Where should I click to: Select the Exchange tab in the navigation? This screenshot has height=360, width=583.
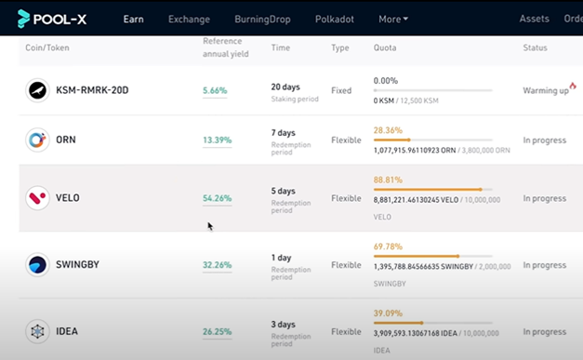point(189,19)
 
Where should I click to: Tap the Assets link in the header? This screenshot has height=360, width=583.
point(534,19)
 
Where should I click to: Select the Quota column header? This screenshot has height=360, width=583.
point(387,47)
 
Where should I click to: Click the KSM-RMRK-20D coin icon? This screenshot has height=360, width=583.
point(37,90)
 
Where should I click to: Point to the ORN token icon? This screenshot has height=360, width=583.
point(37,140)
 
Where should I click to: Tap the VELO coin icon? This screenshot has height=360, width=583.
point(37,198)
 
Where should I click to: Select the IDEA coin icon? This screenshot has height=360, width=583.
point(37,331)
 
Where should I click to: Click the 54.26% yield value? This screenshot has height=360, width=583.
point(217,198)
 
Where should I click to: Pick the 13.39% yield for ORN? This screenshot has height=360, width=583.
point(217,140)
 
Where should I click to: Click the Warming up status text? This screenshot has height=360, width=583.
point(545,90)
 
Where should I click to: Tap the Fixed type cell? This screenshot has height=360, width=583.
point(341,90)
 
